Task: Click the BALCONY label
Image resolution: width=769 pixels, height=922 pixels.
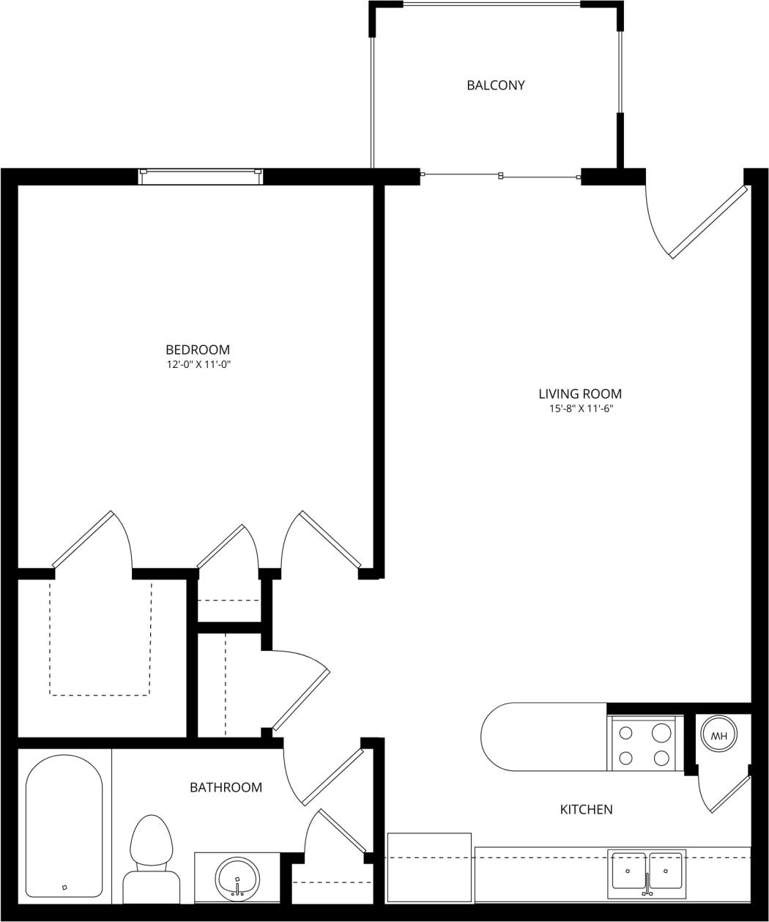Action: tap(496, 85)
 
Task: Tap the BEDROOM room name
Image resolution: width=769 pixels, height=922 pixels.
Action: tap(198, 350)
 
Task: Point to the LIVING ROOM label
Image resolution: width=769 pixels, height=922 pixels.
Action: tap(580, 394)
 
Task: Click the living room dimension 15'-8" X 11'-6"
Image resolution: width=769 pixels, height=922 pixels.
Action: tap(581, 409)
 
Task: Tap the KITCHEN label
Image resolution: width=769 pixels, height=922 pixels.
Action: tap(586, 809)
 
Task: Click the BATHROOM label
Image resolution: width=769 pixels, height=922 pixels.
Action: tap(226, 787)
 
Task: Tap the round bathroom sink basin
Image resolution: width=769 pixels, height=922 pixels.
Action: tap(237, 877)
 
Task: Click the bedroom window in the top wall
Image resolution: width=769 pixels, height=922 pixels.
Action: tap(201, 176)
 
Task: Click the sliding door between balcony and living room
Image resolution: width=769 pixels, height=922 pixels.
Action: tap(500, 176)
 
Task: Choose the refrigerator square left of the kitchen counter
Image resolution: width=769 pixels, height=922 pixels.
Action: tap(428, 867)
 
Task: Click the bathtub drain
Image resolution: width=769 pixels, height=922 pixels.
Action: tap(64, 887)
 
